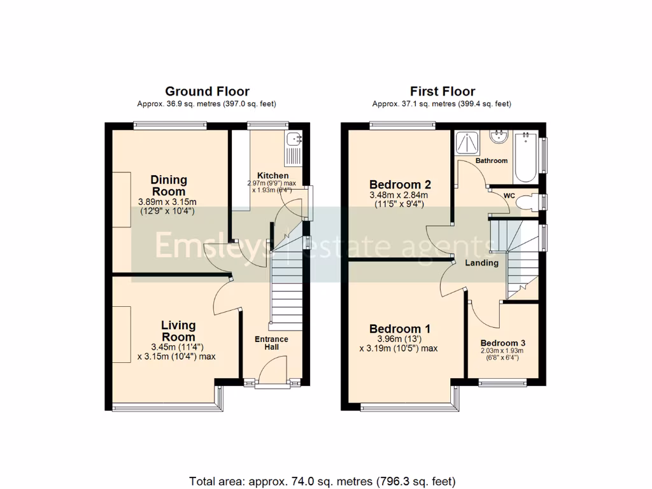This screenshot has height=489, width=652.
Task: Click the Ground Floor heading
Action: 207,92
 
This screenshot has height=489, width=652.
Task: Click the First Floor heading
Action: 442,92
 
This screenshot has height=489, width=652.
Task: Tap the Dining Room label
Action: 169,185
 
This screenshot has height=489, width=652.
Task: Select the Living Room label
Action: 178,331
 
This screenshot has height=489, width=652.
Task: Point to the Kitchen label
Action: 273,176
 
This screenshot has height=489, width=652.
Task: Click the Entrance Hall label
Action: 271,343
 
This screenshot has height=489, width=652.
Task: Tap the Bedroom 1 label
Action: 400,329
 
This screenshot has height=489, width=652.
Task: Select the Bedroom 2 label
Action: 400,185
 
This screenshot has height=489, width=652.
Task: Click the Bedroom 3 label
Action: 502,343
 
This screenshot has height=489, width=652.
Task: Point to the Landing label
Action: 481,263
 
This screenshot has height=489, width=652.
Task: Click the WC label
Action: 509,195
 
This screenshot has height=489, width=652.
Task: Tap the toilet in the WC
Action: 527,202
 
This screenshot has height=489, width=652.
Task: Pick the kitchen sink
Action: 295,139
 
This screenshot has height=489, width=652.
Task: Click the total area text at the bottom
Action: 322,480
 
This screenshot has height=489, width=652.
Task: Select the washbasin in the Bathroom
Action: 497,137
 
